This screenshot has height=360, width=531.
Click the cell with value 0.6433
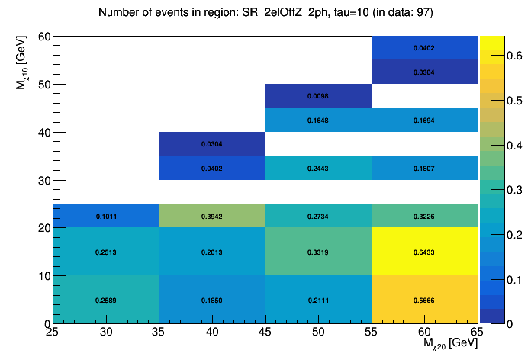pos(424,252)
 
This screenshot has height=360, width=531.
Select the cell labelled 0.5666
pos(424,300)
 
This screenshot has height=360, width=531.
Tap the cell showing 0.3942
pos(212,216)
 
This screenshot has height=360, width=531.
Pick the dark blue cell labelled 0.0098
pos(318,96)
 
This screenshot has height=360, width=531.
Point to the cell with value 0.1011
pos(106,216)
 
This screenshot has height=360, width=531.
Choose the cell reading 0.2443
pos(318,168)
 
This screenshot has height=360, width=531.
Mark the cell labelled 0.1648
pos(318,120)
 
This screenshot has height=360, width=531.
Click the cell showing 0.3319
pos(318,252)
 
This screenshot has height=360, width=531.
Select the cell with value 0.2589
pos(106,300)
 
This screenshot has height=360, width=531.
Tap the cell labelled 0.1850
pos(212,300)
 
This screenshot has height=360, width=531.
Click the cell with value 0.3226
pos(424,216)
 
